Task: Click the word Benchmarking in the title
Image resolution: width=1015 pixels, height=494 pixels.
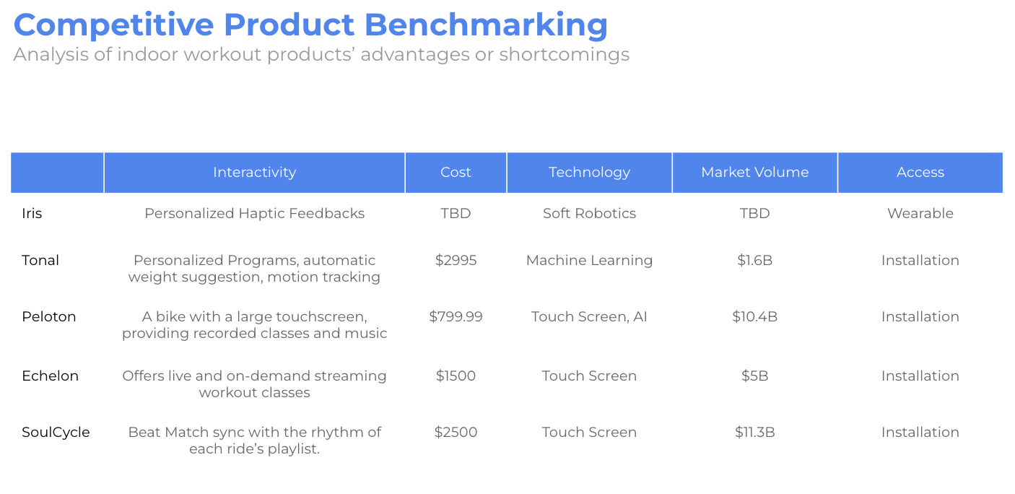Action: coord(486,26)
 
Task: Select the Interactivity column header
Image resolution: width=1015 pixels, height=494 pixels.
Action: coord(254,172)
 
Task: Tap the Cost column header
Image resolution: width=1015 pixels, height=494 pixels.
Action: coord(456,172)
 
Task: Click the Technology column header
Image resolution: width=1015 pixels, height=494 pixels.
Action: coord(589,173)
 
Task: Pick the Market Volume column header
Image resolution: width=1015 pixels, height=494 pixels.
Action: coord(754,172)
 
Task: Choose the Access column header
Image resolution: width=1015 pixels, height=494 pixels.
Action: coord(920,172)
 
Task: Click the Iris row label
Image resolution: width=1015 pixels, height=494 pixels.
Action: coord(32,213)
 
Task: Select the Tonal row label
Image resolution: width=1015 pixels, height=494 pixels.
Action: coord(40,260)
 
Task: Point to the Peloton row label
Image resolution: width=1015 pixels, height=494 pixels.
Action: coord(49,316)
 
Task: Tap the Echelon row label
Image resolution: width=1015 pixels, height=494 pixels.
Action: coord(51,376)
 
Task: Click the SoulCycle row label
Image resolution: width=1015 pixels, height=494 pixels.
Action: coord(56,433)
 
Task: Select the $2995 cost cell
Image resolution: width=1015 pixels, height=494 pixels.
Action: coord(456,260)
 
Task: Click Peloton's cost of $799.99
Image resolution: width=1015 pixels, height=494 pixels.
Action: coord(456,316)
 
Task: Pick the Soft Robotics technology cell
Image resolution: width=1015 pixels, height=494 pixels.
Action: coord(589,213)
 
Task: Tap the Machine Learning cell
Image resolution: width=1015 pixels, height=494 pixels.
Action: coord(589,261)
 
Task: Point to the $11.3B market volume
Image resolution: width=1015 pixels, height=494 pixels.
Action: coord(754,432)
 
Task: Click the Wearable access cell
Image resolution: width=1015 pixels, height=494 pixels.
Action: coord(920,213)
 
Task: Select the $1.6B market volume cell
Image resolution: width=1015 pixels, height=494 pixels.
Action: coord(754,260)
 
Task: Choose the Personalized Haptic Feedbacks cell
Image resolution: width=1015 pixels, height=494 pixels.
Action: coord(254,214)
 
